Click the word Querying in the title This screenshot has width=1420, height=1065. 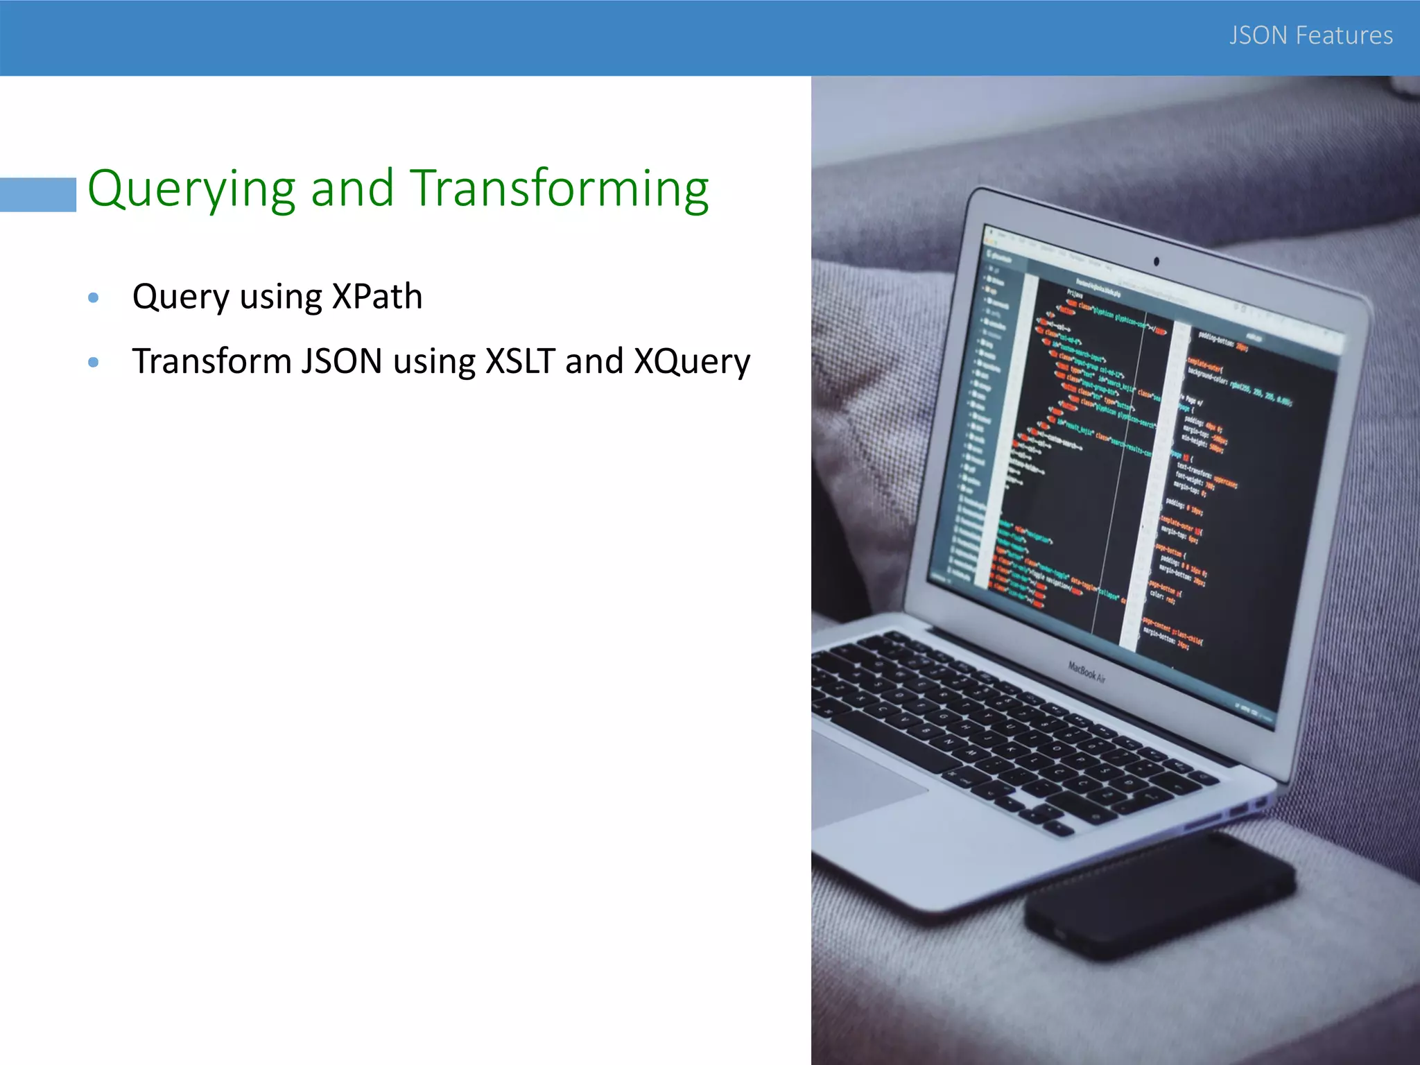[191, 189]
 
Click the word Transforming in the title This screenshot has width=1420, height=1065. [560, 189]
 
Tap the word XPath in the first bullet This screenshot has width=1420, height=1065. [377, 297]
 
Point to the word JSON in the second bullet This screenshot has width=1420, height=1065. [341, 361]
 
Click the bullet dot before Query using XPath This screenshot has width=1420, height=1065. [94, 298]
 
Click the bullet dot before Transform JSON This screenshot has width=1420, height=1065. [94, 362]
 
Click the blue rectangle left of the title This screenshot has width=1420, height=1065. [38, 194]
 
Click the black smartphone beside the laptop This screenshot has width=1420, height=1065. [1158, 894]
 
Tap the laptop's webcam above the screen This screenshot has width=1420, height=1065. [1156, 261]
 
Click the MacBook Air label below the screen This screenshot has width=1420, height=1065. [1086, 671]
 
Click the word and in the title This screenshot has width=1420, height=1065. [352, 189]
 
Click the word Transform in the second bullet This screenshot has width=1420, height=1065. [211, 361]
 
